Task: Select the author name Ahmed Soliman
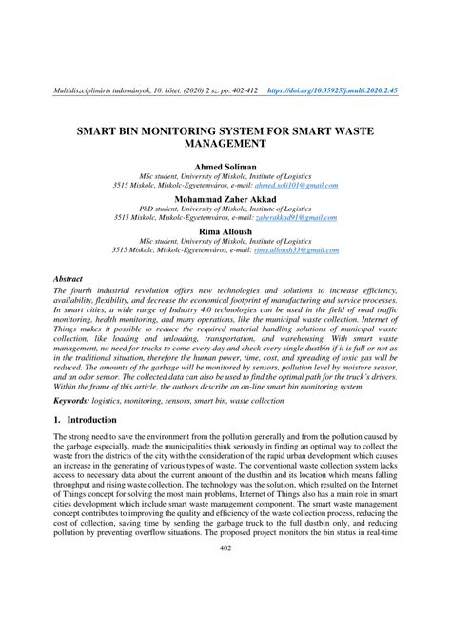pyautogui.click(x=225, y=166)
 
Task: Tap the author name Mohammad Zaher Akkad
pyautogui.click(x=225, y=199)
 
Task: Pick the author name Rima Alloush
pyautogui.click(x=225, y=231)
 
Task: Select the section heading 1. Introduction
pyautogui.click(x=91, y=420)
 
